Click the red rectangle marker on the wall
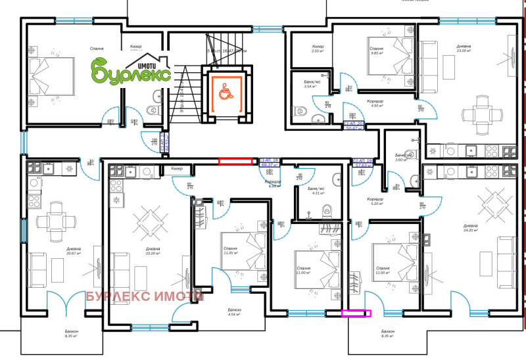click(235, 160)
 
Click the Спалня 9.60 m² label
click(377, 51)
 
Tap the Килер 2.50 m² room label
click(318, 49)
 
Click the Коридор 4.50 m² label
click(375, 103)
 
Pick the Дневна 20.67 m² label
click(73, 252)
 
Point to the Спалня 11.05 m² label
click(229, 250)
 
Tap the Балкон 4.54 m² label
click(234, 312)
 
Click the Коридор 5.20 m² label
click(375, 201)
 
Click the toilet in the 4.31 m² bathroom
click(325, 211)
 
